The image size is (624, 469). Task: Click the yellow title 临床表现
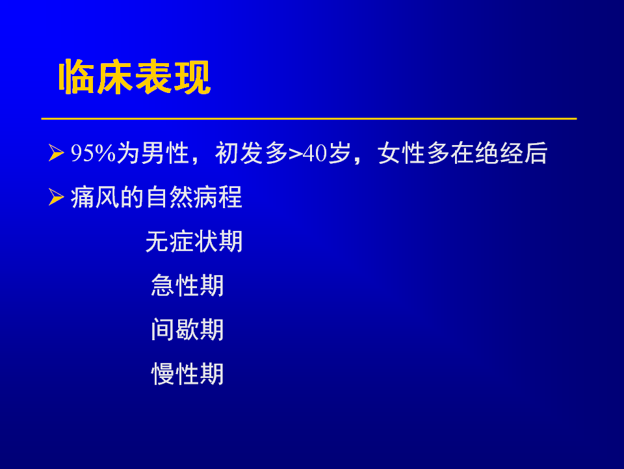(135, 77)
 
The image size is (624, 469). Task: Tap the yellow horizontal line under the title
(309, 118)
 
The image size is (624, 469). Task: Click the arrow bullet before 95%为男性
(56, 153)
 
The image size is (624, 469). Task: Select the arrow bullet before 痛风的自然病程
(56, 197)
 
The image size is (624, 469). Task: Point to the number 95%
(93, 153)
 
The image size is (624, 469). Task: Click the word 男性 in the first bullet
(165, 153)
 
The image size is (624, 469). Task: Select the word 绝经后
(511, 153)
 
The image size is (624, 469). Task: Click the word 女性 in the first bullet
(402, 153)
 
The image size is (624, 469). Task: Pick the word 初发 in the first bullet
(239, 153)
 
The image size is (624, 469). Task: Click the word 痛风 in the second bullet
(95, 197)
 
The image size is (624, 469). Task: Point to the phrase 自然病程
(194, 197)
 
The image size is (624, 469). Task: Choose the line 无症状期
(194, 241)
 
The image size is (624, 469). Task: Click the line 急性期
(187, 286)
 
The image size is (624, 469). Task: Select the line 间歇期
(187, 330)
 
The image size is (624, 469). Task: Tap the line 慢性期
(187, 374)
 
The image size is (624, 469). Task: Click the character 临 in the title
(77, 77)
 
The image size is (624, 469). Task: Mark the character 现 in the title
(192, 77)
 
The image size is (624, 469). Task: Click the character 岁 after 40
(339, 153)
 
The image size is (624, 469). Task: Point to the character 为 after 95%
(128, 153)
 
